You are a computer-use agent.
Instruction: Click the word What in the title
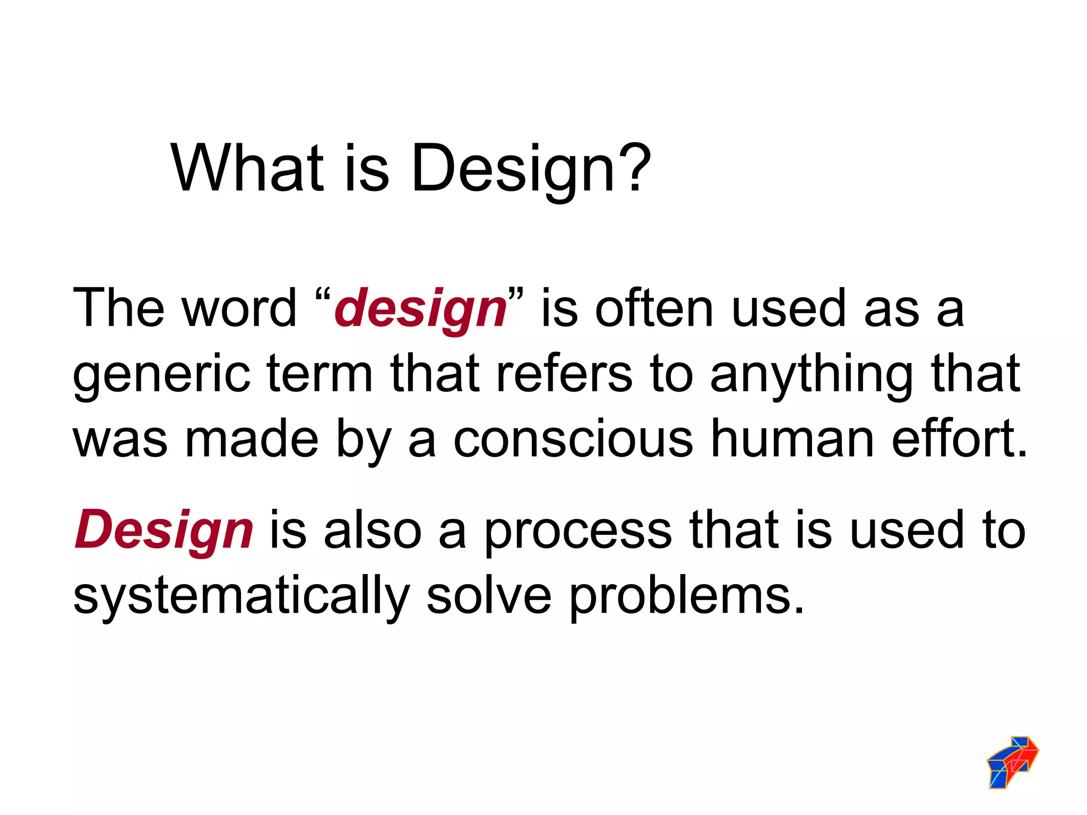tap(247, 169)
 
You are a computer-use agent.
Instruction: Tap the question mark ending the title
tap(634, 169)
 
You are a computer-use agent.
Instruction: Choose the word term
tap(320, 375)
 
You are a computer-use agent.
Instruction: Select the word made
tap(252, 439)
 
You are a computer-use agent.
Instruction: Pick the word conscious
tap(573, 439)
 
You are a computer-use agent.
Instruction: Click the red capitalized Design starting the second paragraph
tap(164, 531)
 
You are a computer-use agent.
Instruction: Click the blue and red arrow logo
tap(1012, 762)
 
